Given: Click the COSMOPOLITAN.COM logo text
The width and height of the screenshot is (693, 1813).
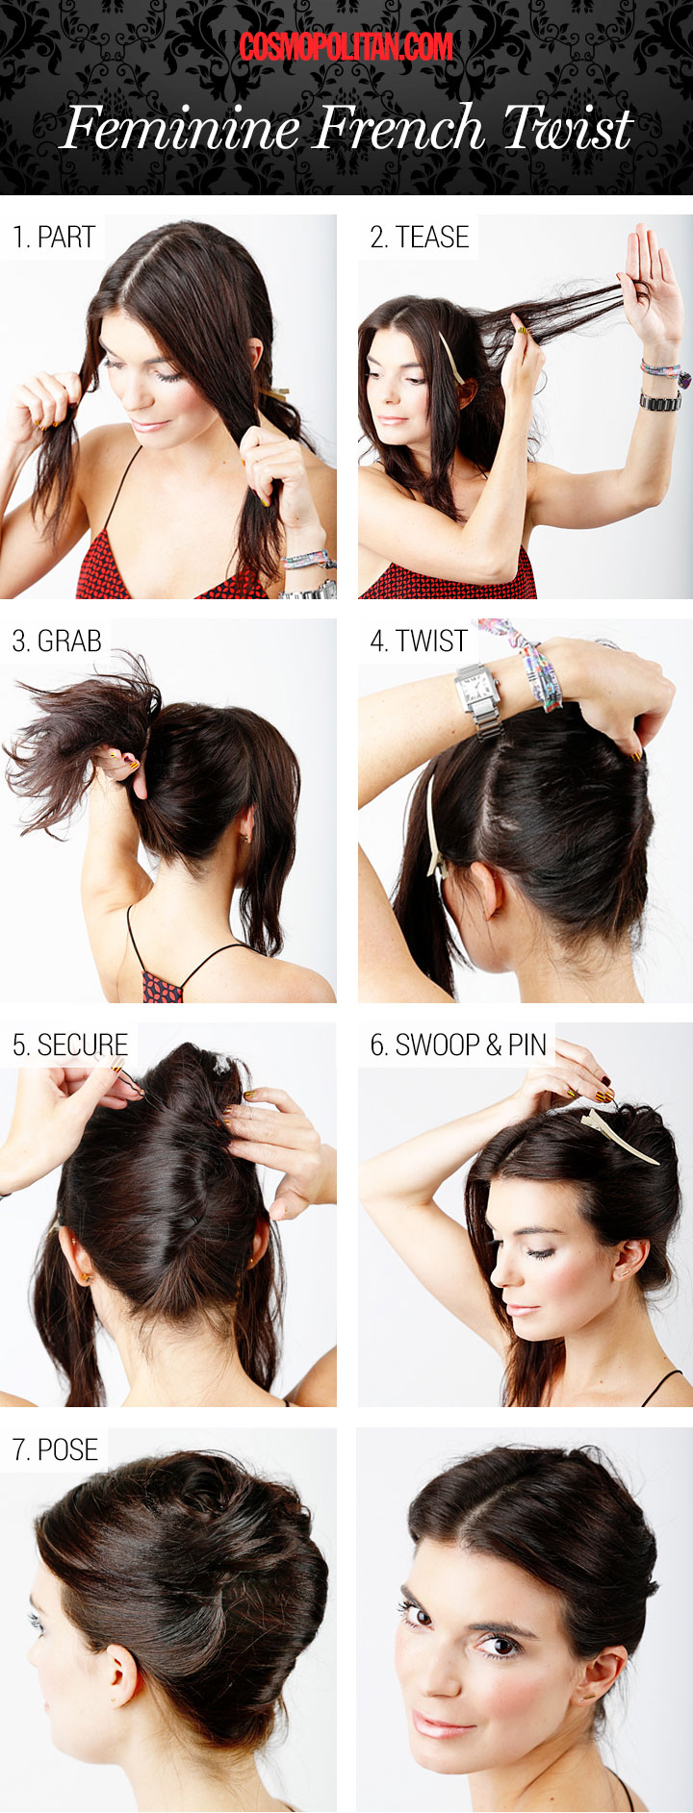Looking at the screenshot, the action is point(346,46).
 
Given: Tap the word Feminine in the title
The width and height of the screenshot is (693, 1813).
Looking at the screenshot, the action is point(181,128).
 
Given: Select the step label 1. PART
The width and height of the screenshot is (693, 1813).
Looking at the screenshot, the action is point(54,237).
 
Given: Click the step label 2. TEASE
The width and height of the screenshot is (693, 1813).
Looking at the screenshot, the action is point(420,237).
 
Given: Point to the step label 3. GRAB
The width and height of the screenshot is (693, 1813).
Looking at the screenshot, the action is point(57,641).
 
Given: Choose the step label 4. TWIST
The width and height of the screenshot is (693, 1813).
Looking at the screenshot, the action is point(419,641).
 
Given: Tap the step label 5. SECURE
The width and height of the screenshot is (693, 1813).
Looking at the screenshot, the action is point(70,1045).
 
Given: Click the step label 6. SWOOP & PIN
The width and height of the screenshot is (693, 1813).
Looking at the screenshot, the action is point(458,1045).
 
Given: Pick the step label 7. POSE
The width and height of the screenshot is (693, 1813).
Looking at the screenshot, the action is point(55,1449).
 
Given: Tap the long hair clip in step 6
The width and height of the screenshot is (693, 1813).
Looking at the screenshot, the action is point(620,1135).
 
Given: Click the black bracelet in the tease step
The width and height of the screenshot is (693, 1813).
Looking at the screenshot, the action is point(660,400).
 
